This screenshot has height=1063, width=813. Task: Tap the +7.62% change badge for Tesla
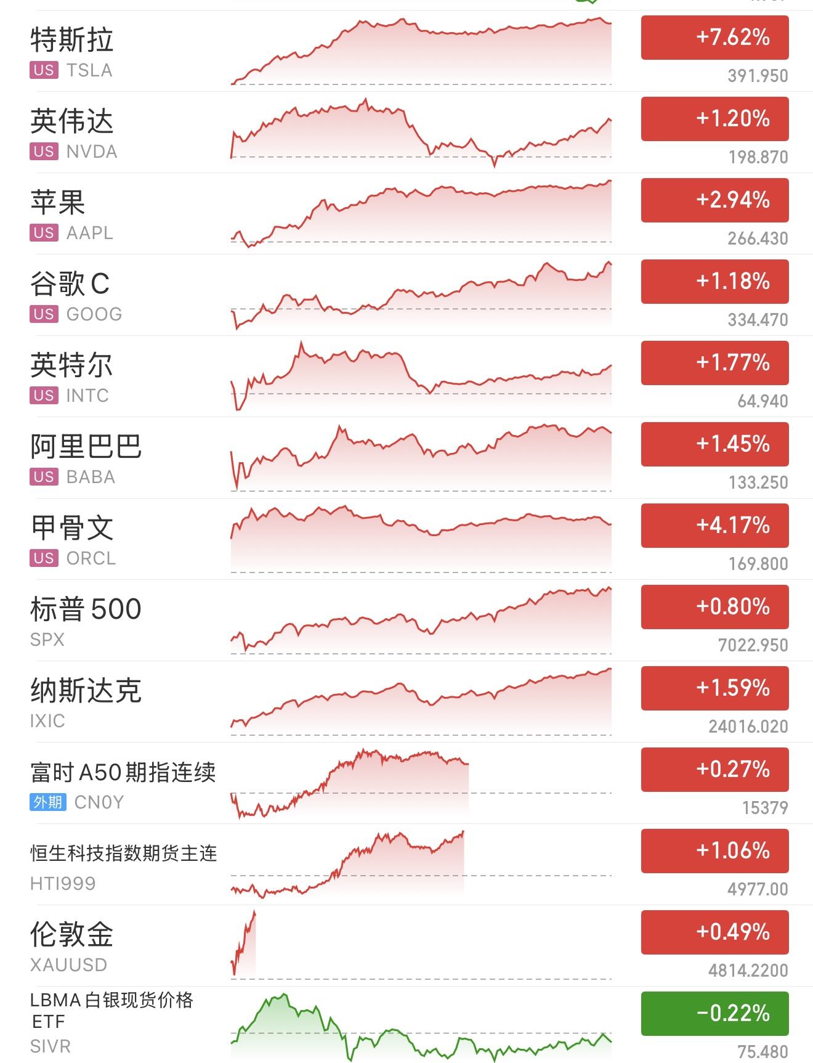pyautogui.click(x=714, y=38)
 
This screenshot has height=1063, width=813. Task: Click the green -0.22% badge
pyautogui.click(x=714, y=1014)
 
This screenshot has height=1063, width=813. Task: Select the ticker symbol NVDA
pyautogui.click(x=92, y=152)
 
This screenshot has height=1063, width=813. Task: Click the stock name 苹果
pyautogui.click(x=58, y=202)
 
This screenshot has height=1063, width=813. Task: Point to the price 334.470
pyautogui.click(x=758, y=320)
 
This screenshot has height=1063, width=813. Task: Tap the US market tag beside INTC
pyautogui.click(x=44, y=395)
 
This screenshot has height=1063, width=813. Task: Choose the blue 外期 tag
pyautogui.click(x=47, y=802)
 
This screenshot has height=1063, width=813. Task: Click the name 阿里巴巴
pyautogui.click(x=86, y=446)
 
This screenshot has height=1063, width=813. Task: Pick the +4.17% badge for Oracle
pyautogui.click(x=714, y=526)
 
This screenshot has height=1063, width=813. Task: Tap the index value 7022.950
pyautogui.click(x=753, y=645)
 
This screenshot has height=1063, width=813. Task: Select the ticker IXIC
pyautogui.click(x=47, y=721)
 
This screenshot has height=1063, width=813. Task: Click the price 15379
pyautogui.click(x=765, y=808)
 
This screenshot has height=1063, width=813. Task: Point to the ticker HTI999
pyautogui.click(x=63, y=884)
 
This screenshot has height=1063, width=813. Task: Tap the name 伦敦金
pyautogui.click(x=71, y=934)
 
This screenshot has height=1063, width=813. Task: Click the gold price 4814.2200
pyautogui.click(x=748, y=971)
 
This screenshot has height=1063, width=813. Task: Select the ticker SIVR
pyautogui.click(x=51, y=1046)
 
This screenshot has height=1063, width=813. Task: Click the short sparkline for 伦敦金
pyautogui.click(x=243, y=943)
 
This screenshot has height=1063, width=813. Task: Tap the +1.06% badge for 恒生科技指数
pyautogui.click(x=714, y=851)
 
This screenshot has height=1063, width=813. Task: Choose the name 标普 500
pyautogui.click(x=86, y=609)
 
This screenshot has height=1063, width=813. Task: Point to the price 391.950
pyautogui.click(x=758, y=76)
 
